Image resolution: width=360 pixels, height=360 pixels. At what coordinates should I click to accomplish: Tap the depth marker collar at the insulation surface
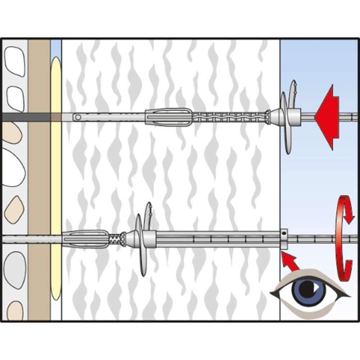pyautogui.click(x=284, y=239)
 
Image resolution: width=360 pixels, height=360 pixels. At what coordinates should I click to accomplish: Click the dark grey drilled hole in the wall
pyautogui.click(x=25, y=117)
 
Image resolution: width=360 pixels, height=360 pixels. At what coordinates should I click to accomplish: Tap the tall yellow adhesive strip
pyautogui.click(x=55, y=176)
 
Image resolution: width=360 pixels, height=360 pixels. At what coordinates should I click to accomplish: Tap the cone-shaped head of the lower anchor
pyautogui.click(x=130, y=238)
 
